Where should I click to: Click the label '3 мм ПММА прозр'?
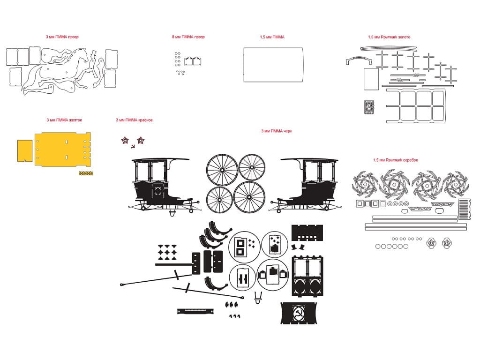click(x=62, y=37)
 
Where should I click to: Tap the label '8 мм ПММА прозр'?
click(x=188, y=37)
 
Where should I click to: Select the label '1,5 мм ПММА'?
click(x=272, y=37)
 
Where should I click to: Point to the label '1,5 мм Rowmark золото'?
click(x=389, y=37)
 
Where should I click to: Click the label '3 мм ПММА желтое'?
click(x=64, y=120)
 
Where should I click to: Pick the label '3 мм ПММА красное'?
click(x=134, y=120)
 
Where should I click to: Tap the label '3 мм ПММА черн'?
click(x=277, y=131)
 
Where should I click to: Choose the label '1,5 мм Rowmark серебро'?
click(x=396, y=160)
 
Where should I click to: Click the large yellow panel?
click(x=63, y=150)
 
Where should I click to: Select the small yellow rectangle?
click(x=25, y=151)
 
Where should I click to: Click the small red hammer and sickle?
click(x=133, y=146)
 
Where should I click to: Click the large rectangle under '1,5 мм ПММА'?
click(x=273, y=65)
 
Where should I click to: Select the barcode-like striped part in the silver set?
click(x=464, y=209)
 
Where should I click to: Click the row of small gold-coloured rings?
click(x=86, y=173)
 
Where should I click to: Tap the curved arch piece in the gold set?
click(x=359, y=60)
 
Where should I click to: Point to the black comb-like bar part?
click(x=195, y=311)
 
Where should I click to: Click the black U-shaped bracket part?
click(x=258, y=298)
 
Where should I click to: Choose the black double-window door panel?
click(x=307, y=276)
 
